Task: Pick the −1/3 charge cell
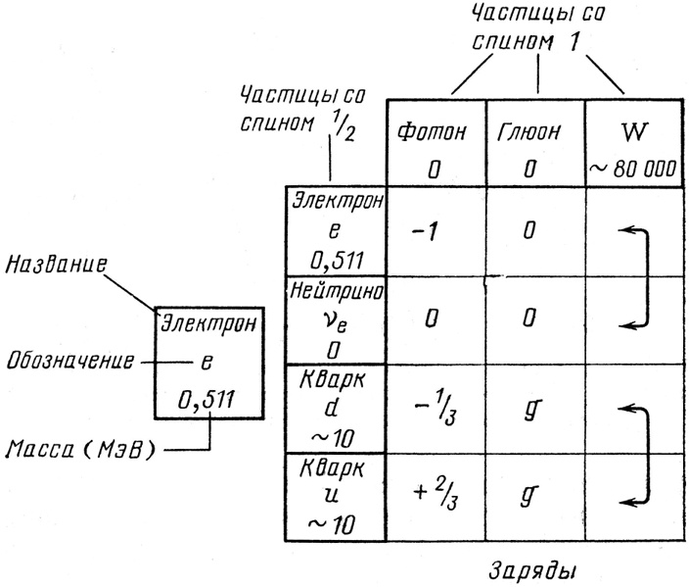point(435,410)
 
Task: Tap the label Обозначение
point(68,360)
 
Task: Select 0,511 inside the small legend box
point(207,399)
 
